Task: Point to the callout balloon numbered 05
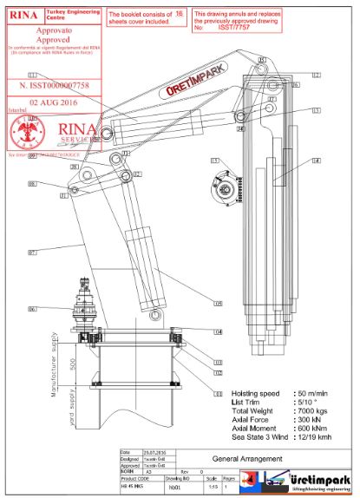click(219, 304)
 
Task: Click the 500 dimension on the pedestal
click(75, 361)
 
